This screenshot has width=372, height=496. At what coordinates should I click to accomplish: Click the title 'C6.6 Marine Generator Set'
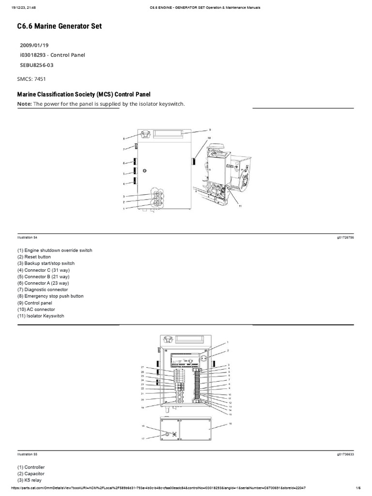point(60,27)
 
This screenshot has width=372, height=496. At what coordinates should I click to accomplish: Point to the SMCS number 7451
point(40,78)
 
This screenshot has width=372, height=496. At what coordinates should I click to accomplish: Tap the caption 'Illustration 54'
point(27,238)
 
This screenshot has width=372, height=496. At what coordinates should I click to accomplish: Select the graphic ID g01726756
point(344,238)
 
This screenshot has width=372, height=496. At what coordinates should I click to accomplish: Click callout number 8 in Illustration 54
point(124,139)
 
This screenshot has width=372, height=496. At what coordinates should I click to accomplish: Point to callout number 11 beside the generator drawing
point(239,206)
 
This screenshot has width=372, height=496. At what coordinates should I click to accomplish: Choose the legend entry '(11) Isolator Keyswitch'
point(41,316)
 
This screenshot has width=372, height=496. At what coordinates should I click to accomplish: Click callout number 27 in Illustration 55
point(143,367)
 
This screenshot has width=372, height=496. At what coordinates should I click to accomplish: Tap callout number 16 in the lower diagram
point(231,423)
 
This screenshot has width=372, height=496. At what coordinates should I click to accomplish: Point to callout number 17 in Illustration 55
point(143,438)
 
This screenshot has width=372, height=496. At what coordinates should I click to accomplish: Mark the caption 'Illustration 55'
point(27,454)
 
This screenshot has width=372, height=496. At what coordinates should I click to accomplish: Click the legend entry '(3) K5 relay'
point(31,480)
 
